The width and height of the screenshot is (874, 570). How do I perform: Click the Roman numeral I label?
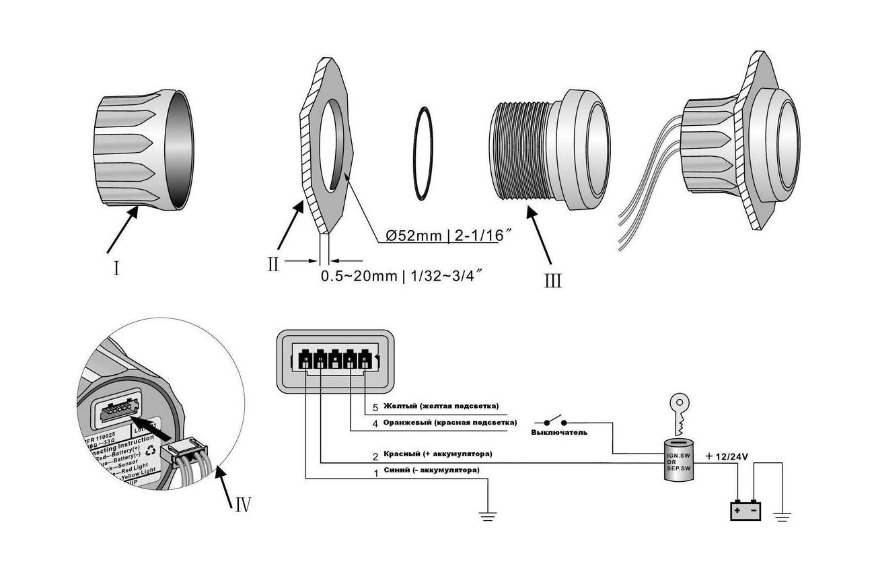(x=116, y=269)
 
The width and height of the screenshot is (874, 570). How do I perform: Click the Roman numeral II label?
(x=272, y=264)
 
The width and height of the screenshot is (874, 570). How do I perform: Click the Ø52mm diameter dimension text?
(x=443, y=236)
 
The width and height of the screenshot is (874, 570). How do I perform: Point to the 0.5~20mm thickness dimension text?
(x=402, y=276)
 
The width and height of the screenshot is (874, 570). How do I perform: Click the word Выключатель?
(x=558, y=432)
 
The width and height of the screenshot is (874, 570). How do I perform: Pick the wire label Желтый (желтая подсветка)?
(x=441, y=406)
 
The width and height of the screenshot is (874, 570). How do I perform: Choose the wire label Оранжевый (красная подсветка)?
(x=449, y=423)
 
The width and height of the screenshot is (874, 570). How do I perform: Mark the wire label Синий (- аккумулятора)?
(x=431, y=470)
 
